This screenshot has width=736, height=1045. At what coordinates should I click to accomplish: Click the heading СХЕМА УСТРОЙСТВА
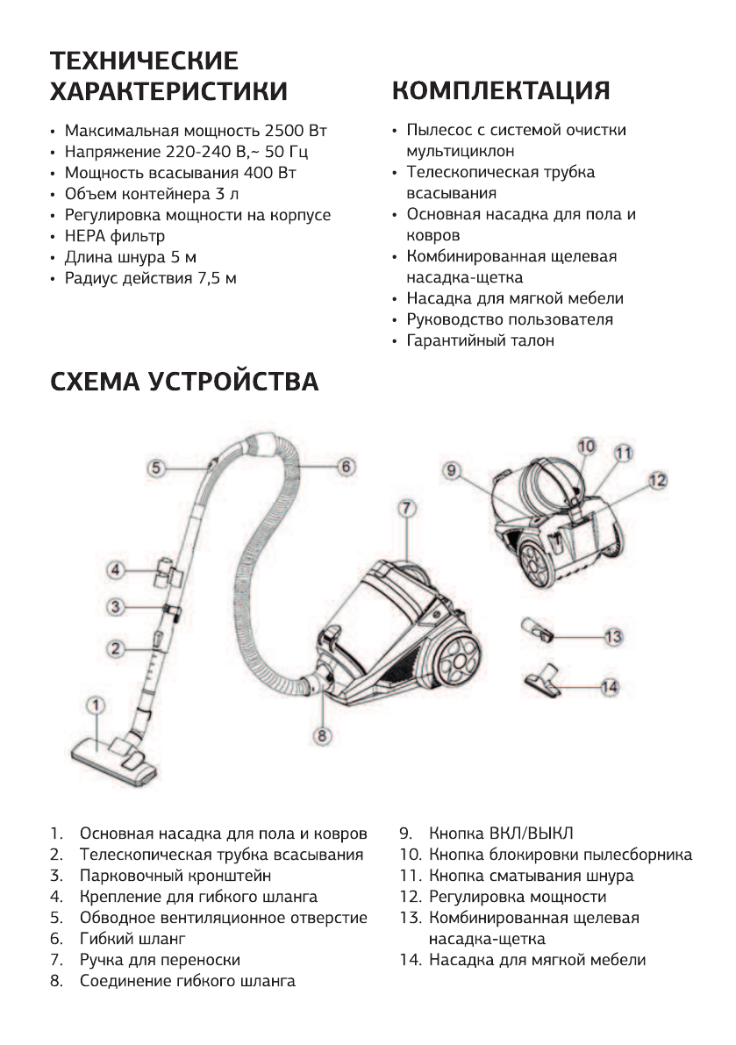tap(184, 383)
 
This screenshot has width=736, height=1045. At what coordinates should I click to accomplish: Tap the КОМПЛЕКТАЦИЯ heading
tap(501, 90)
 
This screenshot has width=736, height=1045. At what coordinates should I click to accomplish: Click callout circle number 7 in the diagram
tap(405, 508)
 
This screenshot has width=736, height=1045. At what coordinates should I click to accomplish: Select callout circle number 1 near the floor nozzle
tap(96, 705)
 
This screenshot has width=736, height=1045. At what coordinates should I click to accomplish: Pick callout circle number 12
tap(658, 480)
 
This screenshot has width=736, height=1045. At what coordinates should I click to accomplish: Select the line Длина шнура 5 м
tap(124, 258)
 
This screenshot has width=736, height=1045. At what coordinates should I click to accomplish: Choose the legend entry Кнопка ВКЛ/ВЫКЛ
tap(500, 833)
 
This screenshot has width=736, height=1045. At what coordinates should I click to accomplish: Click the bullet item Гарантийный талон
tap(479, 340)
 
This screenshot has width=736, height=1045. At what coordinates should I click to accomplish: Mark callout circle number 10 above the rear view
tap(587, 446)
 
